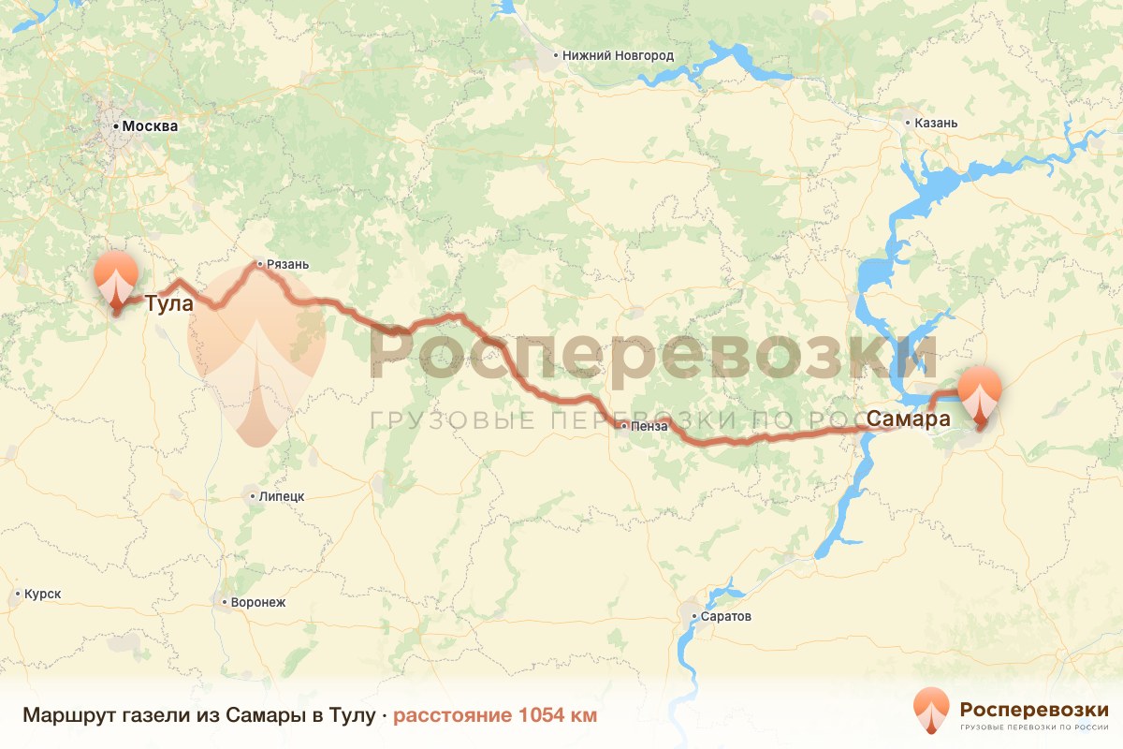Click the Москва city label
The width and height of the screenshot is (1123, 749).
click(x=150, y=125)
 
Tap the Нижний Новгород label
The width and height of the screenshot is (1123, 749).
click(x=618, y=55)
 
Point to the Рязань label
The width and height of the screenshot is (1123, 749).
click(x=287, y=264)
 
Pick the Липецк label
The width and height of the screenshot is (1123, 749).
click(x=281, y=495)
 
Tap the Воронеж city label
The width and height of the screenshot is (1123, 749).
click(x=257, y=602)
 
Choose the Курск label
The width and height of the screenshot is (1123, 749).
click(x=42, y=595)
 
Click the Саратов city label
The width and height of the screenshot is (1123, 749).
click(x=726, y=616)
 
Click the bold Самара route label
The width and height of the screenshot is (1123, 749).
click(x=909, y=419)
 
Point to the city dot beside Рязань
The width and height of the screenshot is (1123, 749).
click(x=260, y=264)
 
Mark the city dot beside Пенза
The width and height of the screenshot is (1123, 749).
click(x=624, y=426)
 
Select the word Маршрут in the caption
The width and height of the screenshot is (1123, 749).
click(x=68, y=716)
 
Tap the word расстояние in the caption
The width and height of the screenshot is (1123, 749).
click(x=451, y=716)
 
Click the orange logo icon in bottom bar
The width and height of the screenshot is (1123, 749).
click(x=932, y=712)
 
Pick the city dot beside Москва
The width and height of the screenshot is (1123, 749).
click(x=116, y=125)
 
